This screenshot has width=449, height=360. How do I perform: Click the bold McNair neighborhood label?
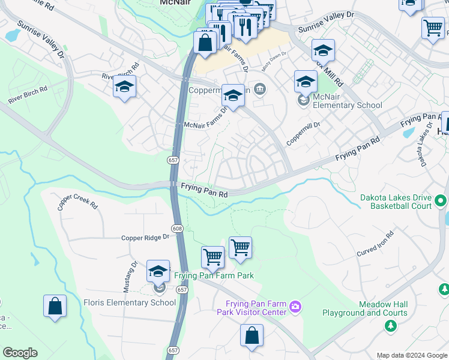point(175,2)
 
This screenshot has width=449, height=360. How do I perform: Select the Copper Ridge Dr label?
point(145,238)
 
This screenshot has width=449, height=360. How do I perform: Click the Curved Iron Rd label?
point(375,242)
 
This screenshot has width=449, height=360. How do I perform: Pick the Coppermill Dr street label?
point(304,134)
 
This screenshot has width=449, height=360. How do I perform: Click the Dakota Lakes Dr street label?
point(424,145)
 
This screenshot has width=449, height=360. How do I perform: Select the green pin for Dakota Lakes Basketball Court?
point(441,201)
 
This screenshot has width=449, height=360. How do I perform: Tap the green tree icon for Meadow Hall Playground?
point(390,325)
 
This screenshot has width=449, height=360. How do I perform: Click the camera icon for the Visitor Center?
point(295,307)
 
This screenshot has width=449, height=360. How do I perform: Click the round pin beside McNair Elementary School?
point(304,100)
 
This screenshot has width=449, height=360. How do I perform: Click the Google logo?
point(20,353)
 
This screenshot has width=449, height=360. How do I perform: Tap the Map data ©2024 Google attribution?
point(411,355)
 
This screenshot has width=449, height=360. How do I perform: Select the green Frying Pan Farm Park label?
point(214,276)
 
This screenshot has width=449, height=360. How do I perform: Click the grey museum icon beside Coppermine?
point(259,90)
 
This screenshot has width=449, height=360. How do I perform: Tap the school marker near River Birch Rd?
point(124,87)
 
